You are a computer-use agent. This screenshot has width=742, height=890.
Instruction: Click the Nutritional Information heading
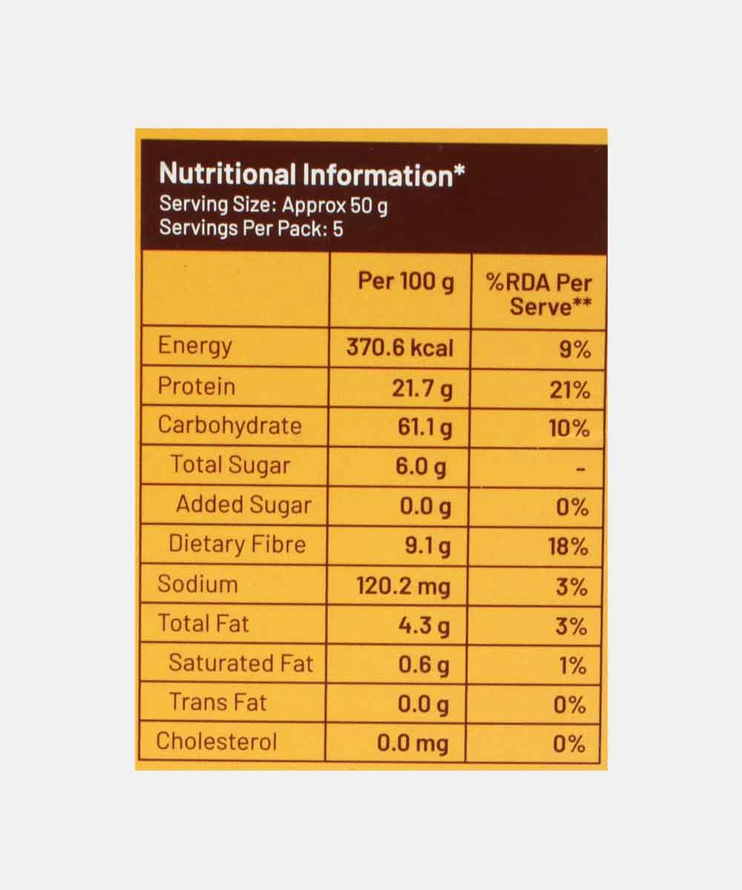(312, 175)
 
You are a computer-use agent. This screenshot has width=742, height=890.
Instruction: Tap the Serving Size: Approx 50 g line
(273, 205)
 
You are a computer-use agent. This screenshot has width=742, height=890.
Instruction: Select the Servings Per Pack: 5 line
(252, 228)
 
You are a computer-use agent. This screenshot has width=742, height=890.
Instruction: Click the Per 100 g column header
(405, 282)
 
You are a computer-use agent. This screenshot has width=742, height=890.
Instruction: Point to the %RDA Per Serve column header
(539, 294)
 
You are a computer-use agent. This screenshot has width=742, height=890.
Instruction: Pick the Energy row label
(195, 346)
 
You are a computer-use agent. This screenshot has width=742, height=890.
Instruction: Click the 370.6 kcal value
(399, 347)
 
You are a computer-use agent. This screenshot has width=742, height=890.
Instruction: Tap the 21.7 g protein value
(421, 387)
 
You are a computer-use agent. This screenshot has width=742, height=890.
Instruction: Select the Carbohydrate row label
(230, 426)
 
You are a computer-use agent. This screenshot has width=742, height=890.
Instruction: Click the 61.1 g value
(424, 428)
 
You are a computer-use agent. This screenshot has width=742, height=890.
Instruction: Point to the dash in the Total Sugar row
(582, 469)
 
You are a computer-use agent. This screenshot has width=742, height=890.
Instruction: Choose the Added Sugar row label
(243, 505)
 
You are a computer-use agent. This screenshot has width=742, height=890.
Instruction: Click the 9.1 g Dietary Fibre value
(427, 547)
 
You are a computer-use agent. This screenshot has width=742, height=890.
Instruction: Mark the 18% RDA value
(569, 547)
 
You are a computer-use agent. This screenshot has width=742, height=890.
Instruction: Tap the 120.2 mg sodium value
(403, 587)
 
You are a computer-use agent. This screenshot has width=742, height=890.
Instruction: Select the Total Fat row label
(203, 624)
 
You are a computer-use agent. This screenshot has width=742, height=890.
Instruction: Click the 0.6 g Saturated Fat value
(424, 665)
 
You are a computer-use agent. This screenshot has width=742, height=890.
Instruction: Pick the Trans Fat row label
(217, 702)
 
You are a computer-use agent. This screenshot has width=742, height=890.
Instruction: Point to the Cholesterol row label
(217, 742)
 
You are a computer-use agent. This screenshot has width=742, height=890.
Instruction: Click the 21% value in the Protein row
(570, 389)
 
